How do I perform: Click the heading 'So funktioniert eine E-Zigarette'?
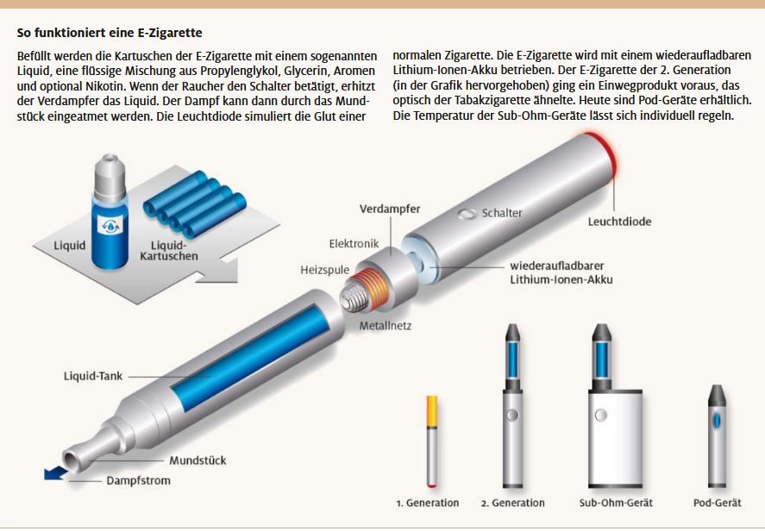click(x=110, y=33)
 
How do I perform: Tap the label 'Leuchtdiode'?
click(x=619, y=222)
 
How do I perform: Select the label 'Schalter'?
click(x=502, y=213)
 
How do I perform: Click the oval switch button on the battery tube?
click(x=467, y=214)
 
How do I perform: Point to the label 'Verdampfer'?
click(x=390, y=209)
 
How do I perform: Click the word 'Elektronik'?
click(x=354, y=244)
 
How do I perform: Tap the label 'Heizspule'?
click(x=325, y=270)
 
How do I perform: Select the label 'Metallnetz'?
click(x=386, y=326)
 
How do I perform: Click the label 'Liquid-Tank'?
click(x=93, y=377)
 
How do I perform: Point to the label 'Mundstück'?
click(x=198, y=461)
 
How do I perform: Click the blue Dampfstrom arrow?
click(x=55, y=473)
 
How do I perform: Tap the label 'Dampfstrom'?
click(x=139, y=481)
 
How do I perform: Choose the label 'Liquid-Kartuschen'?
click(x=169, y=251)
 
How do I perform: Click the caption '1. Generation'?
click(x=428, y=503)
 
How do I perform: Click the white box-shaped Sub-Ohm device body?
click(x=615, y=437)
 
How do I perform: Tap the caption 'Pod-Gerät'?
click(x=718, y=503)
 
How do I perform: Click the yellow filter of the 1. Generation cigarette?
click(x=432, y=411)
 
